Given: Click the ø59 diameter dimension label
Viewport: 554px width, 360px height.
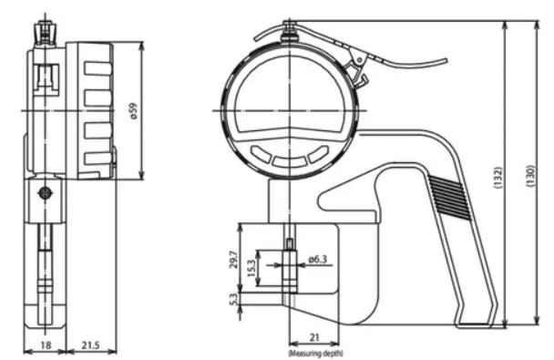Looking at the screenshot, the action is [x=133, y=111].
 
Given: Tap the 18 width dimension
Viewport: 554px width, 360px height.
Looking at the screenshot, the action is [x=46, y=345].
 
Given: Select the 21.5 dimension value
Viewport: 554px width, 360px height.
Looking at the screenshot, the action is [x=90, y=345].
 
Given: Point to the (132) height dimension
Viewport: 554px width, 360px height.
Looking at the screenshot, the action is [x=498, y=178].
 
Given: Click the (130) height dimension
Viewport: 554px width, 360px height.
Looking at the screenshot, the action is [x=531, y=176].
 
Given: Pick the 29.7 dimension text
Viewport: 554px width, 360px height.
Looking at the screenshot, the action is [x=233, y=260].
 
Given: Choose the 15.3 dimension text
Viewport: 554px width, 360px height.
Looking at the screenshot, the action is [x=251, y=268].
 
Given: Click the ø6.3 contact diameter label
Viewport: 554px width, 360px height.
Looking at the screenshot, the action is [x=318, y=260].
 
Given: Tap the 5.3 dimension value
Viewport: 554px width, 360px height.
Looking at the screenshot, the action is [x=233, y=300].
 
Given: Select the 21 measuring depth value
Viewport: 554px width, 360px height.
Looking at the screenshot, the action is [x=314, y=337].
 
